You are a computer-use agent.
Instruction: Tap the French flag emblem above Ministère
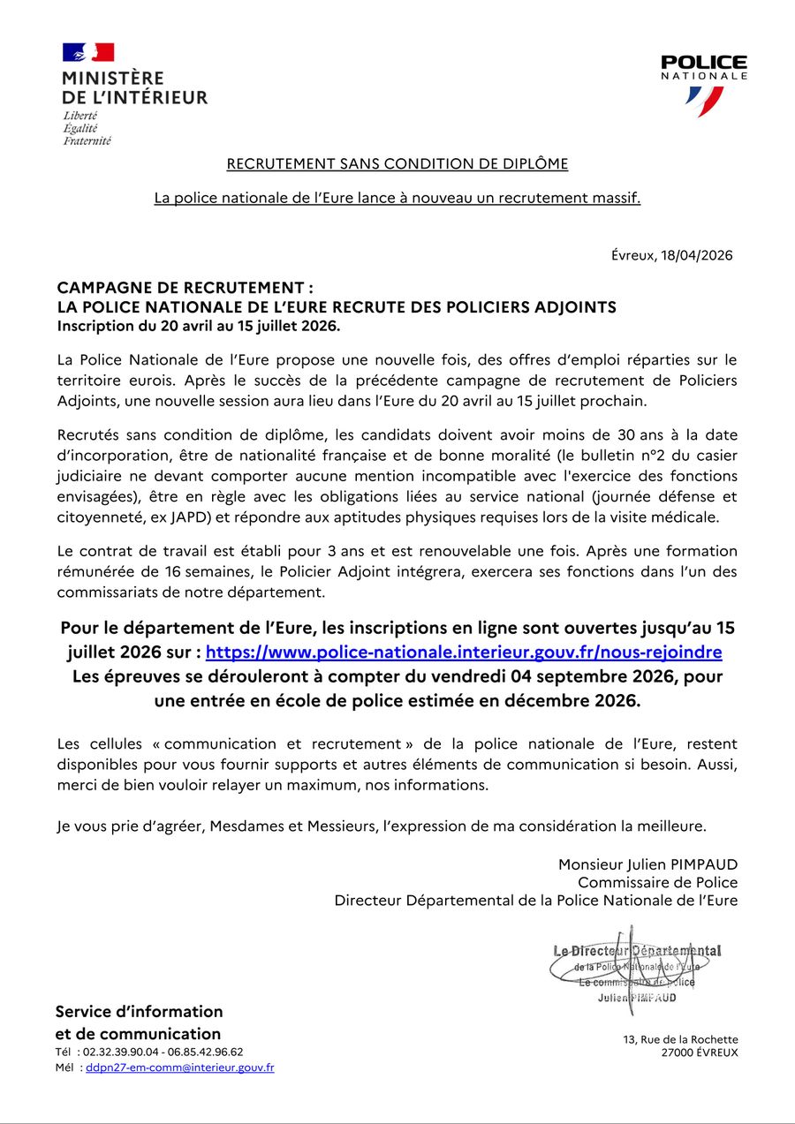coord(87,52)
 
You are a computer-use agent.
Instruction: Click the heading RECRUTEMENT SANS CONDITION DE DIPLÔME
coord(397,164)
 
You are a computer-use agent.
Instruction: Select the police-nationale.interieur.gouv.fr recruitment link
coord(464,653)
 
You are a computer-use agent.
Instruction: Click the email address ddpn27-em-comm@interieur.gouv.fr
coord(179,1067)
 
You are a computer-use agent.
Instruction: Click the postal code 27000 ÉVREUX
coord(700,1053)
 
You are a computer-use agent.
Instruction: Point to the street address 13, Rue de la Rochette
coord(680,1040)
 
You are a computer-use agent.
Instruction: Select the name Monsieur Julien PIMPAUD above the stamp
coord(647,864)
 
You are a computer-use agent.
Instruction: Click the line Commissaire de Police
coord(657,882)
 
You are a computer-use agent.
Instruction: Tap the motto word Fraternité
coord(87,141)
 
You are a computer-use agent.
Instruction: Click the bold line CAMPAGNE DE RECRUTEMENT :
coord(185,288)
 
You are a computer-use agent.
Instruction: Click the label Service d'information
coord(139,1012)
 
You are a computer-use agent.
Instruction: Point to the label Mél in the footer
coord(65,1067)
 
